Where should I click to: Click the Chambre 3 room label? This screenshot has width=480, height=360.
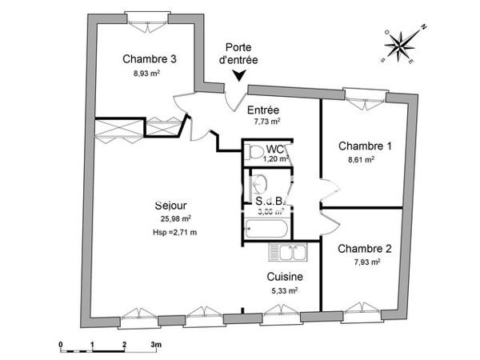(150, 58)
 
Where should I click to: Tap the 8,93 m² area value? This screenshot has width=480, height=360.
(147, 72)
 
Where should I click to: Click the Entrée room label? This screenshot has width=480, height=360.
(262, 110)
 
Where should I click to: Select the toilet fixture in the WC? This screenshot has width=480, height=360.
(255, 151)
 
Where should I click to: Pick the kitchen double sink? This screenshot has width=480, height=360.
(289, 254)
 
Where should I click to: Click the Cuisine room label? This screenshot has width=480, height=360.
(284, 277)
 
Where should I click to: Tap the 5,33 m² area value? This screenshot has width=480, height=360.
(284, 290)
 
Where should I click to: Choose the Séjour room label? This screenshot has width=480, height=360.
(171, 206)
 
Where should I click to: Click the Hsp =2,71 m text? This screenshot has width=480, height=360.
(174, 232)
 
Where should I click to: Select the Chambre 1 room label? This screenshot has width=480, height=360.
(365, 146)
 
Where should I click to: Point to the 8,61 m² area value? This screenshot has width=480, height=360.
(362, 159)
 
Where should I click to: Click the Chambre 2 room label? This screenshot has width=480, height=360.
(364, 248)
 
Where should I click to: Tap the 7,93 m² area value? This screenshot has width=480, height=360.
(365, 262)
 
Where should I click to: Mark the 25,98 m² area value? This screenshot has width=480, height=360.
(174, 218)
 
